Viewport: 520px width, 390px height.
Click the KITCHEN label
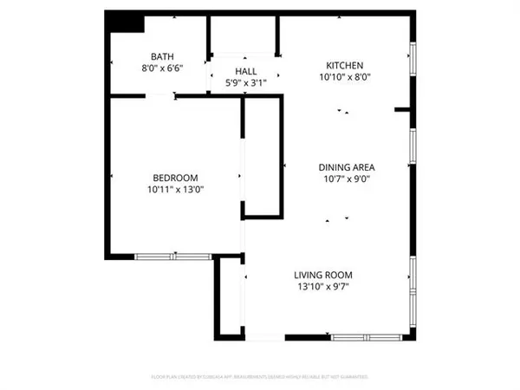(x=344, y=66)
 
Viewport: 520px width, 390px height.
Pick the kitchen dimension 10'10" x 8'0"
(x=344, y=77)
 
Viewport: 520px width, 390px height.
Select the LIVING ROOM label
(x=327, y=275)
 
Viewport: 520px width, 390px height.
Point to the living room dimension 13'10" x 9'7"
(x=327, y=286)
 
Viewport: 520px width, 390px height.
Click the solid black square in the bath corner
(x=120, y=23)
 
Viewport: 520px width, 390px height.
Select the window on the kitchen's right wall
(x=414, y=63)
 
